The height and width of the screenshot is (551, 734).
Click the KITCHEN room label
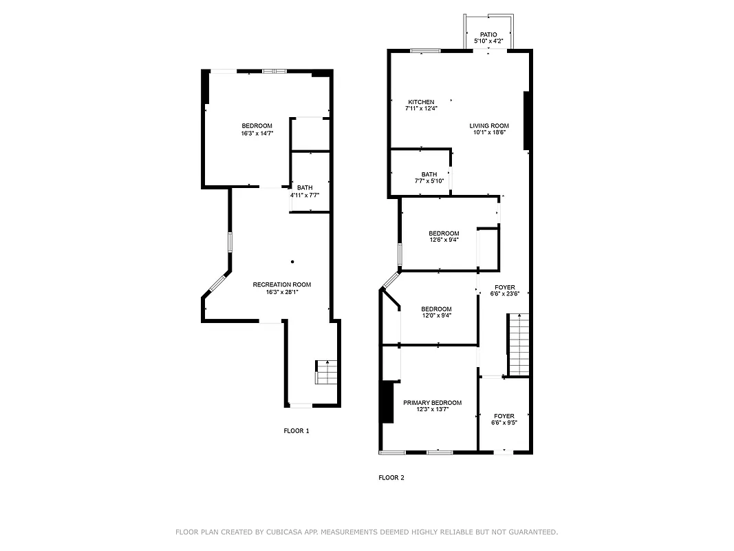click(x=420, y=102)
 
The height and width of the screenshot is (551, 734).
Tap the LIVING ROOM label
click(x=489, y=125)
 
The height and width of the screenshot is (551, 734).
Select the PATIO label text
click(x=488, y=34)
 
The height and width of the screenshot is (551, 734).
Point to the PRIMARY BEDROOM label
click(x=432, y=402)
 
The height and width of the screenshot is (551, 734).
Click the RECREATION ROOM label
click(x=281, y=284)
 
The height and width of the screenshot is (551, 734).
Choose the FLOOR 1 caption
click(x=296, y=431)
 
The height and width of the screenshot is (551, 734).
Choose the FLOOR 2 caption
click(x=391, y=477)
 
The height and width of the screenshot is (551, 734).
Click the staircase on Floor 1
click(x=327, y=373)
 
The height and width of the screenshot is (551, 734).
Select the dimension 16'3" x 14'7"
click(x=257, y=133)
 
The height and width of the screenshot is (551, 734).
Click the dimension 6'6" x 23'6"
click(x=504, y=294)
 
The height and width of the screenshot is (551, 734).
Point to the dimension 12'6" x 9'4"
click(x=444, y=240)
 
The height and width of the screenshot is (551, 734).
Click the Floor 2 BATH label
click(x=429, y=174)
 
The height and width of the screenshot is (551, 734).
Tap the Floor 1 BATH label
click(x=304, y=187)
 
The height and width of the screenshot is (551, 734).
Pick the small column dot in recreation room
click(x=292, y=262)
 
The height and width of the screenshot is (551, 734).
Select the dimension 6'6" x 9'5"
click(x=504, y=423)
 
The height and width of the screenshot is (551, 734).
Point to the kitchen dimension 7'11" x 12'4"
click(x=420, y=108)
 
